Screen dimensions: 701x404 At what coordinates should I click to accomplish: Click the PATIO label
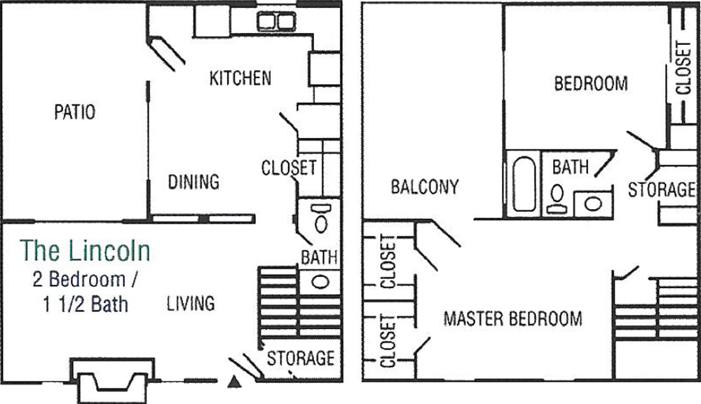[75, 112]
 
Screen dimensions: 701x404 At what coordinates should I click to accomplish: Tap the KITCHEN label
[240, 78]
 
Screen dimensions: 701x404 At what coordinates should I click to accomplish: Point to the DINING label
[193, 182]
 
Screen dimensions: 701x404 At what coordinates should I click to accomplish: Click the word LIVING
[191, 303]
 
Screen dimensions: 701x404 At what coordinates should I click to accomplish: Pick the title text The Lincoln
[85, 250]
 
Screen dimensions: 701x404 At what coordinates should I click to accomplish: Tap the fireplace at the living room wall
[113, 380]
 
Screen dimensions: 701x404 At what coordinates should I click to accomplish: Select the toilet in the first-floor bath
[320, 218]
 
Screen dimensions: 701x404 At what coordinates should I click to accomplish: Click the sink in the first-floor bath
[320, 282]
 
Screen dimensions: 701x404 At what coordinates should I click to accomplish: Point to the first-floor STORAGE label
[301, 358]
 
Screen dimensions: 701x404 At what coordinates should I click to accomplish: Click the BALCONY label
[425, 187]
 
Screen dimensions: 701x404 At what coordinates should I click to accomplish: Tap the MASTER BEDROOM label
[513, 318]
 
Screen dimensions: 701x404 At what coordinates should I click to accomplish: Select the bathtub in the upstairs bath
[524, 184]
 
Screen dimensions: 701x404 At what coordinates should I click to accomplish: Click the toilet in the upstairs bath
[557, 199]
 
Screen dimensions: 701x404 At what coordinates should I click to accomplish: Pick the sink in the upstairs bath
[593, 203]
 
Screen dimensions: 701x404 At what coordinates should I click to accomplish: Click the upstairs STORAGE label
[662, 189]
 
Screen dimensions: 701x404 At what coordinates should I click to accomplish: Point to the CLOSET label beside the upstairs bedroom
[683, 67]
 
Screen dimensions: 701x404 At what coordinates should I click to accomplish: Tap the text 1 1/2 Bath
[86, 304]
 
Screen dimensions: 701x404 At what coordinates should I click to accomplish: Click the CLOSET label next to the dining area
[289, 168]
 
